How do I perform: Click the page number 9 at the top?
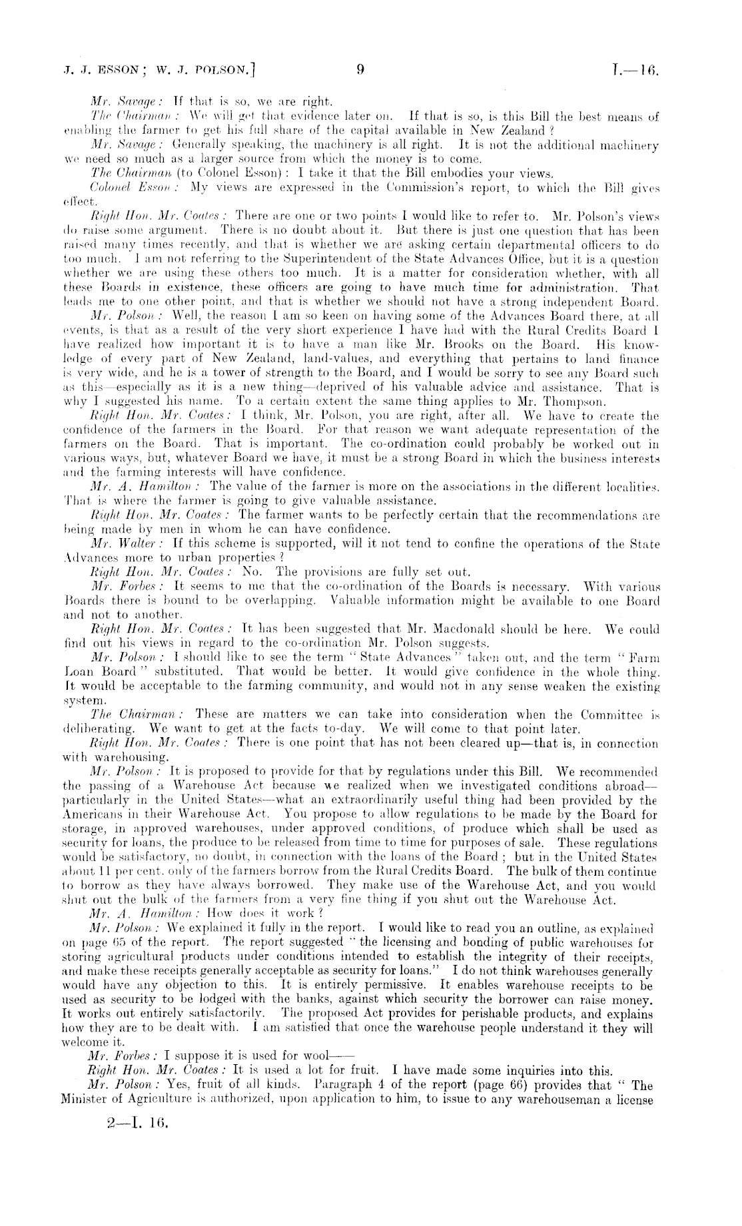(x=360, y=68)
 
